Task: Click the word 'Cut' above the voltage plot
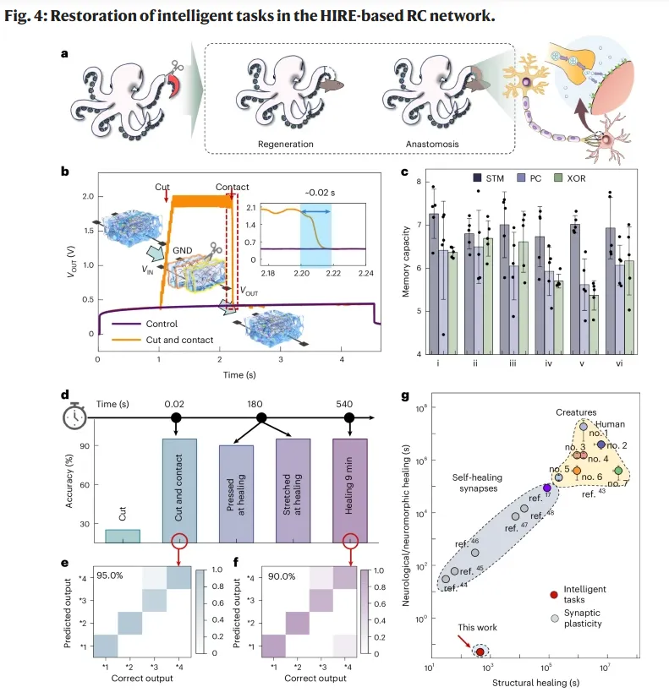[163, 186]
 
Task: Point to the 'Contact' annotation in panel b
[233, 186]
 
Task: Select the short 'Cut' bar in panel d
[123, 535]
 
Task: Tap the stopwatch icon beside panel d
[74, 418]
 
